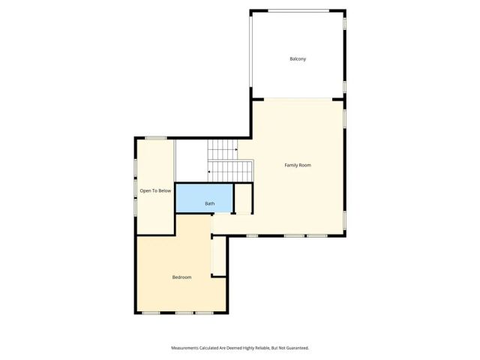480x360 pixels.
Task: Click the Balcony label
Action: (x=298, y=58)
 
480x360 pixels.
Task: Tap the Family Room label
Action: (x=298, y=165)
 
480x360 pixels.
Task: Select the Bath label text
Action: (x=210, y=203)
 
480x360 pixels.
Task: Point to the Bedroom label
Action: (x=181, y=277)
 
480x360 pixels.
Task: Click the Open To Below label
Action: (x=155, y=190)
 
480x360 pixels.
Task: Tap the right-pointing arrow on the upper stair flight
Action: (x=236, y=150)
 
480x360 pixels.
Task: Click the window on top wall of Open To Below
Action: (x=156, y=137)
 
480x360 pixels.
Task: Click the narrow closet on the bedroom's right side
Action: (x=218, y=256)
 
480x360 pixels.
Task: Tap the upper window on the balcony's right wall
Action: (x=345, y=23)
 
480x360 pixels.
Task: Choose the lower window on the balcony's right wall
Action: (x=345, y=87)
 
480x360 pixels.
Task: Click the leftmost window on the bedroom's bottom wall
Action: (x=151, y=312)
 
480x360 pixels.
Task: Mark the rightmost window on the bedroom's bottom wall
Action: (x=204, y=312)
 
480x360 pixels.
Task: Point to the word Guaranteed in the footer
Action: (x=295, y=348)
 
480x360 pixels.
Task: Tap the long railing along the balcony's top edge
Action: (x=298, y=10)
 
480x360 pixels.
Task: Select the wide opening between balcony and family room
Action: (x=298, y=99)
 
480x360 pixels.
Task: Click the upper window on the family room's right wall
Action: (x=345, y=118)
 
